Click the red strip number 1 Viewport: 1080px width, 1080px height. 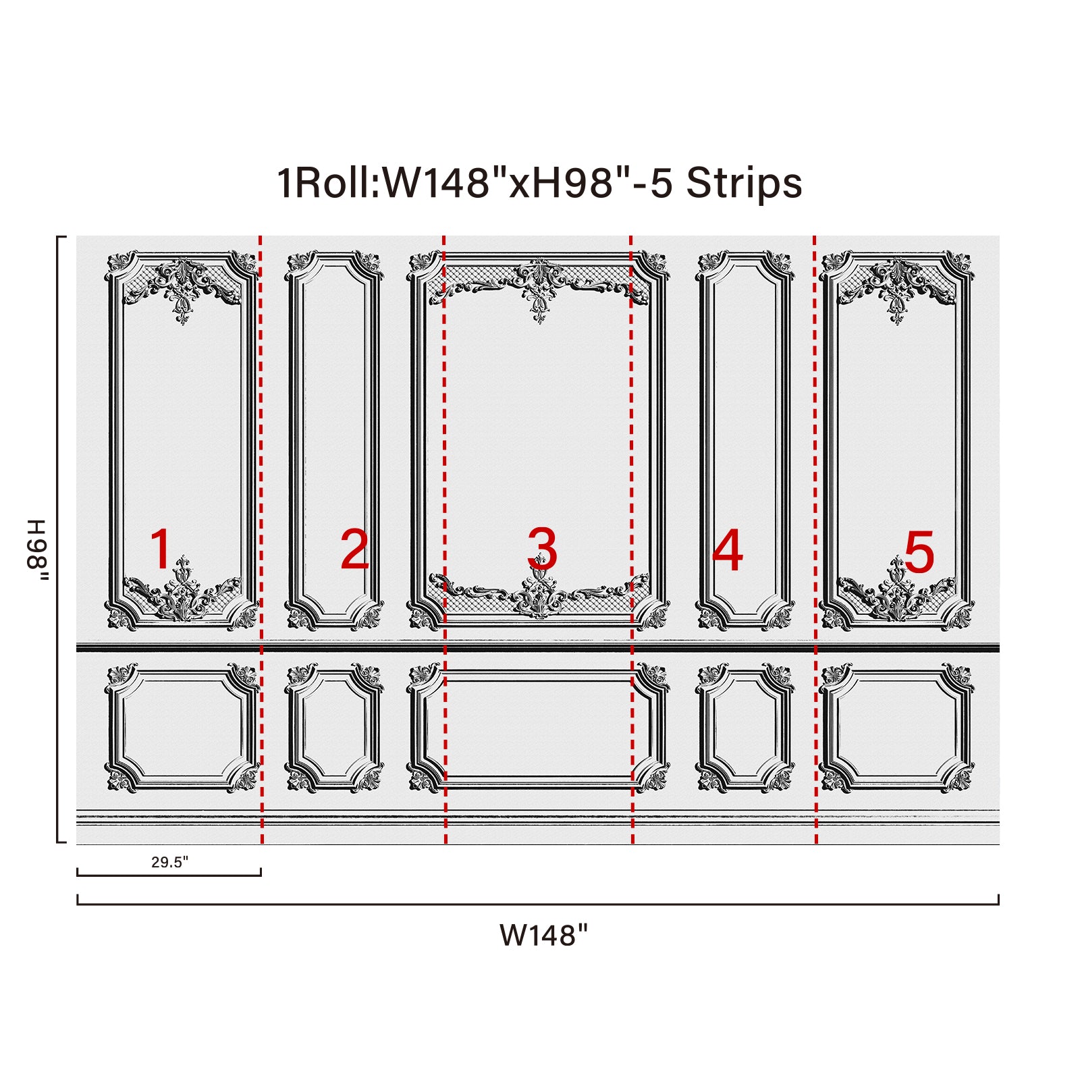[x=161, y=549]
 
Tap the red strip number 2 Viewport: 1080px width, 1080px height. [x=354, y=549]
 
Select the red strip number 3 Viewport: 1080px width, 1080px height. [x=542, y=549]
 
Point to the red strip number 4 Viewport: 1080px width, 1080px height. [x=728, y=549]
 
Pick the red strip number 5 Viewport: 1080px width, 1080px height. [x=919, y=551]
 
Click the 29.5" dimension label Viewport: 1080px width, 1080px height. [x=169, y=862]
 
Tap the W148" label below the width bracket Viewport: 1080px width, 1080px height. [x=543, y=936]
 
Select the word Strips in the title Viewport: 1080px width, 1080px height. [x=744, y=183]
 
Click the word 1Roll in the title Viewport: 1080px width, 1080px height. [x=328, y=183]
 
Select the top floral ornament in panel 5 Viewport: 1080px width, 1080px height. [x=896, y=290]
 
